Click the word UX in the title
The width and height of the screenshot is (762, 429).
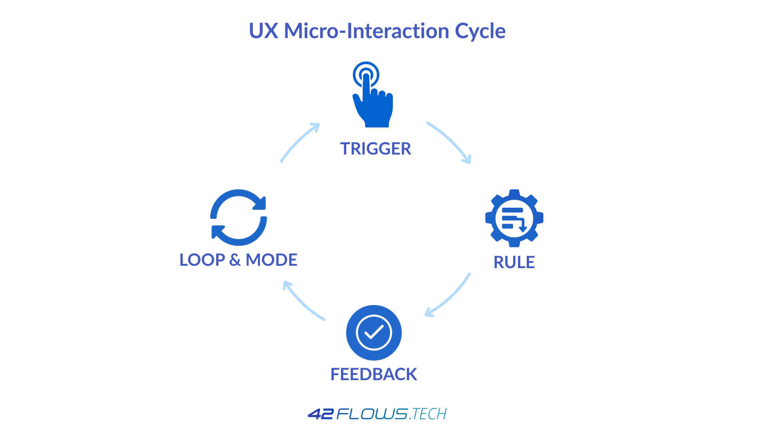point(263,31)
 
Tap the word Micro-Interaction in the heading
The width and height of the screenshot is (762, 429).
point(366,31)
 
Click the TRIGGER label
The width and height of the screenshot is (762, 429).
point(376,149)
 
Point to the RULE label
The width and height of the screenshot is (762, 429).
point(514,262)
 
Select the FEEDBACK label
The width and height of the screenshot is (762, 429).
point(374,374)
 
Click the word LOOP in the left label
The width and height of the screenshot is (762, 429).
point(202,260)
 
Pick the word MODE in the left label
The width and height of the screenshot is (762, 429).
point(272,260)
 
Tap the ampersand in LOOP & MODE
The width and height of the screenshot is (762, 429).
point(235,260)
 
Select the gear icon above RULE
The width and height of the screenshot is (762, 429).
point(514,218)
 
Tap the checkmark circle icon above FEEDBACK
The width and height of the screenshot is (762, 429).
point(374,332)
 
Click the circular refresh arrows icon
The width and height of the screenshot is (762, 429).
point(239,217)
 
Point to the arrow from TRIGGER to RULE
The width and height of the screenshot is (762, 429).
point(450,141)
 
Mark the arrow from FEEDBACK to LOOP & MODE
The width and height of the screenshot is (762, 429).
point(302,302)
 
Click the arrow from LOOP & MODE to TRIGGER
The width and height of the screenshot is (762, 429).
point(298,142)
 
